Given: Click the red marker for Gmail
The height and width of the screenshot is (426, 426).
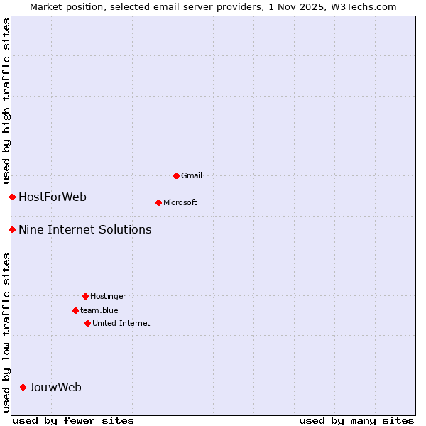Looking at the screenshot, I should [176, 175].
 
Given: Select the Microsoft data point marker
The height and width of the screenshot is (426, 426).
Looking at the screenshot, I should [158, 202].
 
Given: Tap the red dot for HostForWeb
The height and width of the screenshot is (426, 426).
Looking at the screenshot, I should [12, 197].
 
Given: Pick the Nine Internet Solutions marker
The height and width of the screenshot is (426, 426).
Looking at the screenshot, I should [12, 229].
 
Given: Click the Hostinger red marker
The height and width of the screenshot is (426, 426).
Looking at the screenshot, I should [85, 296].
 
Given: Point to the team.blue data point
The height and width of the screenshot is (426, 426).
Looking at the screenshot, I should [75, 310].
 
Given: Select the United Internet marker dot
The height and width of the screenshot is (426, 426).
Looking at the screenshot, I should [87, 323].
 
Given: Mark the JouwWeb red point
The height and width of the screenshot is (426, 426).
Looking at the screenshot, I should [23, 387].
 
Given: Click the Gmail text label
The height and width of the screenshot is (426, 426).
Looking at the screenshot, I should [192, 175].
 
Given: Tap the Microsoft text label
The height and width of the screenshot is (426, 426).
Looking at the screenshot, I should [180, 202].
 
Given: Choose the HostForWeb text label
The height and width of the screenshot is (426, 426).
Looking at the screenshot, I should [53, 197].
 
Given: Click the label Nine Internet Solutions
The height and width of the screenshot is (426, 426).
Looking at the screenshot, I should [84, 229].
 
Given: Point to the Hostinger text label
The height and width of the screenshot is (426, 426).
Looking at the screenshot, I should [108, 296].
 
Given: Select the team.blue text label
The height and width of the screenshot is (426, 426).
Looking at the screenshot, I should [99, 310].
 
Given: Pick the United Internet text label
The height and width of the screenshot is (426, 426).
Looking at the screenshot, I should [121, 323].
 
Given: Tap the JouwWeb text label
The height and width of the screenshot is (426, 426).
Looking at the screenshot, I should [55, 387].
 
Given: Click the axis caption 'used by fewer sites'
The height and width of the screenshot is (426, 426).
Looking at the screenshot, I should [73, 420].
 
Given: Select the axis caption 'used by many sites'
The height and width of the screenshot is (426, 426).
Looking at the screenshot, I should [356, 420].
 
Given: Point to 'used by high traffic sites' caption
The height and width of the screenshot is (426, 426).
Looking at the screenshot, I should [6, 99].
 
